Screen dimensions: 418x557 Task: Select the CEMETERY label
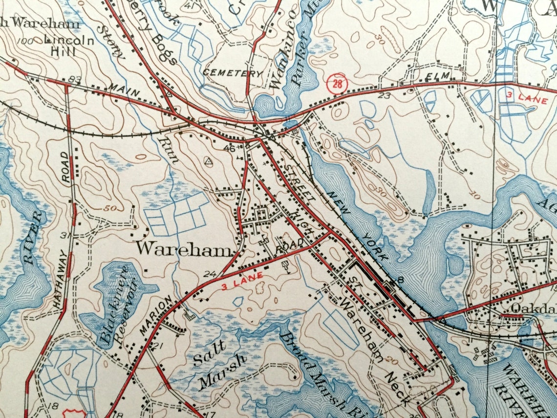tap(233, 73)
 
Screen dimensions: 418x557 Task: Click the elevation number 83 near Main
tap(75, 79)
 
